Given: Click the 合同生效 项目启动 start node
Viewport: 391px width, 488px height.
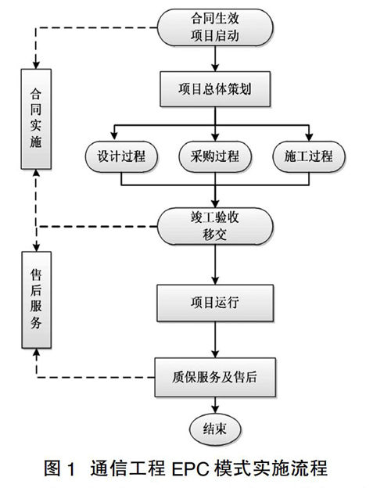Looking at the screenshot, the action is [x=215, y=27].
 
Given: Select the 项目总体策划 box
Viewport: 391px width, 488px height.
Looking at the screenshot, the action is [x=215, y=89].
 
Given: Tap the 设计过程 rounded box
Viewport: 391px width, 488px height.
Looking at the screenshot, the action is [x=121, y=156].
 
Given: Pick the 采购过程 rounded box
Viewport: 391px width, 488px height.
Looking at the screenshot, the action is [x=215, y=156].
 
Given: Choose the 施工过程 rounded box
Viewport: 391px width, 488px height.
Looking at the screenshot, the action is [x=309, y=156].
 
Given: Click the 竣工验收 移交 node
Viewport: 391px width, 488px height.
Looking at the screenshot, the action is [x=215, y=226].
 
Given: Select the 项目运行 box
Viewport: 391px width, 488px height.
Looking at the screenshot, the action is [x=215, y=303].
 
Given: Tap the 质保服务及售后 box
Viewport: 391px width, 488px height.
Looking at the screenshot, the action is [x=215, y=377].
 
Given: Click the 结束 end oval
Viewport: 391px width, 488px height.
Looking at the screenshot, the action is [x=215, y=429].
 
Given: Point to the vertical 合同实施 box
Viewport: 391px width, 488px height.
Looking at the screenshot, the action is [x=36, y=119].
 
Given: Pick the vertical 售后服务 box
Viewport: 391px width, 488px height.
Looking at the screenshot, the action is [x=37, y=300].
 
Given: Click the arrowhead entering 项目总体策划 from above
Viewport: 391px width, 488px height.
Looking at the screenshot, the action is [x=215, y=67].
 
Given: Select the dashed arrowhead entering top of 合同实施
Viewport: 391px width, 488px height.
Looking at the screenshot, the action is [x=36, y=65].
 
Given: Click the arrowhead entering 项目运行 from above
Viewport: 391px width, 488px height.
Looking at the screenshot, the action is [x=215, y=281].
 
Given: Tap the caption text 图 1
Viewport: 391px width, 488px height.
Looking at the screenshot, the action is [x=59, y=468].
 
